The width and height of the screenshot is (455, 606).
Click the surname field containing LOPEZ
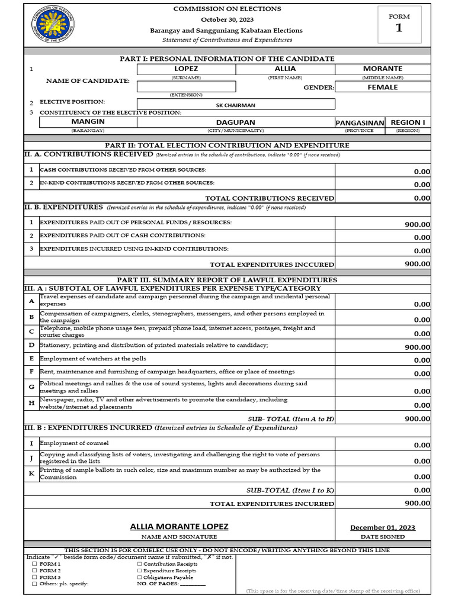coord(186,69)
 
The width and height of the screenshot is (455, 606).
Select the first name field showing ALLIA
coord(285,69)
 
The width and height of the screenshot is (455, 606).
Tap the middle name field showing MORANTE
coord(382,69)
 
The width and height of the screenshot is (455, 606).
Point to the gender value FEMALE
coord(382,87)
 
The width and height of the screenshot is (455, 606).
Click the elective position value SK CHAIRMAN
coord(235,105)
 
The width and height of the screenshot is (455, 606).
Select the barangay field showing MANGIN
coord(88,122)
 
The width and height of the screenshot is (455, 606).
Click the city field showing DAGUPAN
coord(235,122)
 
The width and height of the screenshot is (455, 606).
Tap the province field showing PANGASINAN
coord(360,123)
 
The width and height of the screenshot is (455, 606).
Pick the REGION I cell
coord(408,123)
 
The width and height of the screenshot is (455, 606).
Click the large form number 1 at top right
coord(399,28)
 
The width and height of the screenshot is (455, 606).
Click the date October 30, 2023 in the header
coord(227,20)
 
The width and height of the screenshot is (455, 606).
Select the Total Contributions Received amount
coord(422,198)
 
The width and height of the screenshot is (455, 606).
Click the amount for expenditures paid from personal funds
coord(418,224)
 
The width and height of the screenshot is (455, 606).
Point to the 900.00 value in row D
coord(418,347)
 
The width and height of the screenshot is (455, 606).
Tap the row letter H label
coord(31,403)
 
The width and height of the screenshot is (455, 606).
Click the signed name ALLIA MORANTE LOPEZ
coord(179,527)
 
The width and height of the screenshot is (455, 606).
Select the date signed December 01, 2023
coord(383,528)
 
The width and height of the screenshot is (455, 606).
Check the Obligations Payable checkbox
coord(139,578)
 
